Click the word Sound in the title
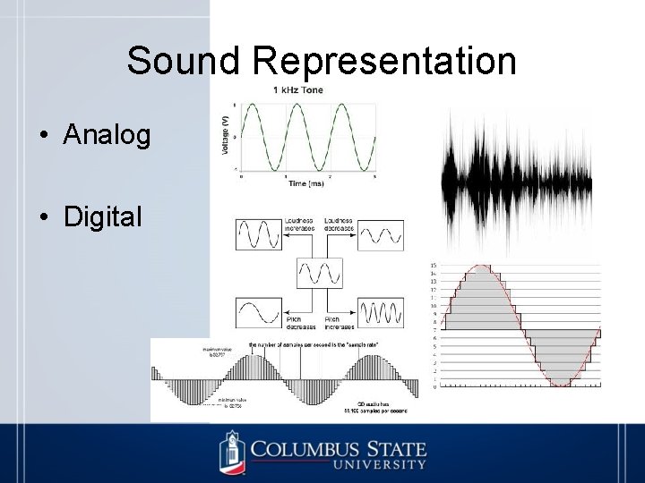pos(185,61)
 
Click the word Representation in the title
pos(384,61)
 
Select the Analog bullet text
pos(107,135)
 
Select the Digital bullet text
pos(103,216)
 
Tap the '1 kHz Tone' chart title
pos(298,89)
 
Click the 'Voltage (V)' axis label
pos(224,137)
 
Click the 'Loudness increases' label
pos(297,225)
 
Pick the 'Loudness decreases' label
pos(339,225)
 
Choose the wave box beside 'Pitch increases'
pos(381,312)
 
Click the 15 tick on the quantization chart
pos(434,266)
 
